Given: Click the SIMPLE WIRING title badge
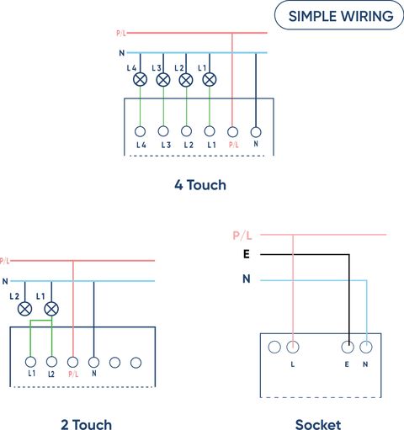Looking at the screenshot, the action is [x=339, y=15].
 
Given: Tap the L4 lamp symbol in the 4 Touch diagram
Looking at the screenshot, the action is [x=140, y=79].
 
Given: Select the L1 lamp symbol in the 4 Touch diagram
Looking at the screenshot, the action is [x=210, y=79].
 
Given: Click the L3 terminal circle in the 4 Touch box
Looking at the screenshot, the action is [x=163, y=131].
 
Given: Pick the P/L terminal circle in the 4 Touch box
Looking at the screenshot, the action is [x=232, y=131].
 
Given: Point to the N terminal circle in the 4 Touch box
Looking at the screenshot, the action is [x=256, y=132].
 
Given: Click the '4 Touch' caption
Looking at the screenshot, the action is [x=200, y=185].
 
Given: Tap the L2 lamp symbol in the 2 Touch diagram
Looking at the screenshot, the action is [x=24, y=309].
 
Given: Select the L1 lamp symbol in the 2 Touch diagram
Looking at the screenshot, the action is [x=51, y=309].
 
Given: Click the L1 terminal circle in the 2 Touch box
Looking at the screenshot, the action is [x=30, y=362].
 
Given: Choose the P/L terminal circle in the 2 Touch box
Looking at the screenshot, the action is [x=72, y=362].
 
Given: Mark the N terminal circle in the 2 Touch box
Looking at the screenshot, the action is [x=93, y=362].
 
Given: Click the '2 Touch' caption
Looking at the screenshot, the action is [x=87, y=424].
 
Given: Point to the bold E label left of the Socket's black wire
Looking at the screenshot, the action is [x=247, y=254].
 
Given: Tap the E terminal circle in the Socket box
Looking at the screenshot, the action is [x=348, y=347].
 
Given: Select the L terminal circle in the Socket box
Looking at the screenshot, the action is [x=293, y=347].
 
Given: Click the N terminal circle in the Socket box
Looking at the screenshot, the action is [x=366, y=347].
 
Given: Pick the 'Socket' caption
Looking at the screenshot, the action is [x=318, y=424].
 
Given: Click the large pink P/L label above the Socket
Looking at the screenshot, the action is [x=242, y=236].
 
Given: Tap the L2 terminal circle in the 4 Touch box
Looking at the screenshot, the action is [x=186, y=131].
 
